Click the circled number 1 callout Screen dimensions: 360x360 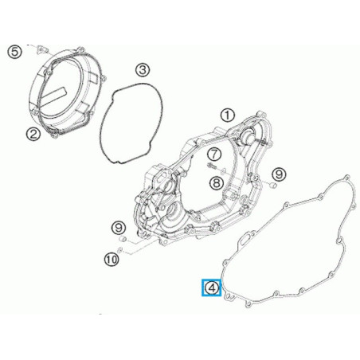[228, 115]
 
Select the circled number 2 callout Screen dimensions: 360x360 [34, 134]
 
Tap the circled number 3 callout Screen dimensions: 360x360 [140, 70]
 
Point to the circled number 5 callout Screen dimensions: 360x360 [14, 53]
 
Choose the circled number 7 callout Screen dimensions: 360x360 [216, 153]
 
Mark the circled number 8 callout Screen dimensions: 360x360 [216, 182]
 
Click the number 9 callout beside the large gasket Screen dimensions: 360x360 [278, 174]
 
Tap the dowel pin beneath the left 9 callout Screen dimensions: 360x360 [122, 240]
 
